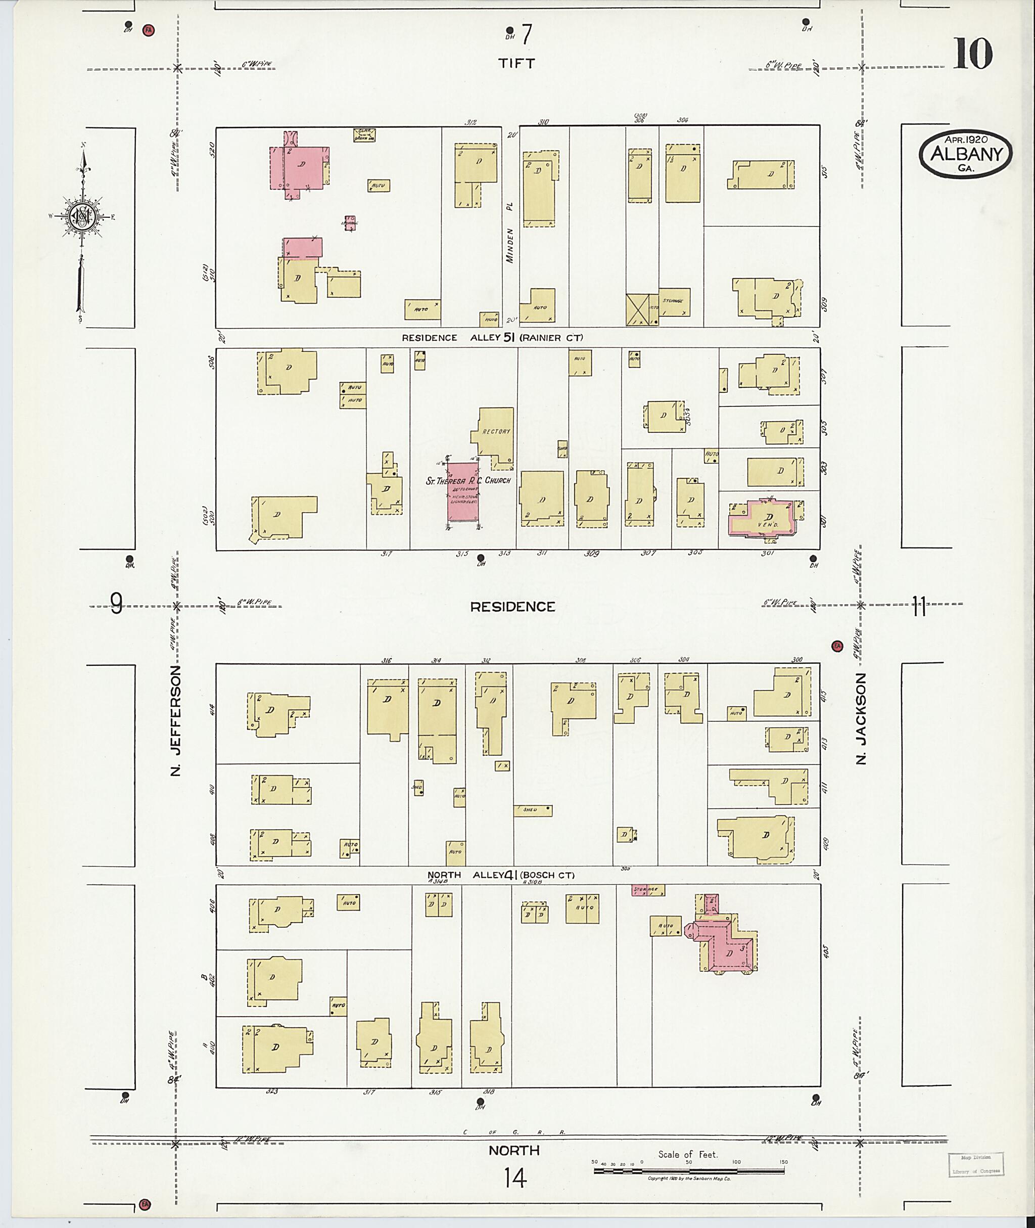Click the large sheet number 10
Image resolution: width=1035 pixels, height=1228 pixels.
tap(972, 54)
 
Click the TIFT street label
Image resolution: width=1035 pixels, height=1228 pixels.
tap(516, 63)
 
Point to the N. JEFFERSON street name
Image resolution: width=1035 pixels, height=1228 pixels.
tap(175, 720)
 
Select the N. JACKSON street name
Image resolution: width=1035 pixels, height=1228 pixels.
tap(861, 718)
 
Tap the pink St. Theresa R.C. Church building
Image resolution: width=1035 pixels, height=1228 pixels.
tap(462, 492)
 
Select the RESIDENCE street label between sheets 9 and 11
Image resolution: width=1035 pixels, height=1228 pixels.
tap(512, 606)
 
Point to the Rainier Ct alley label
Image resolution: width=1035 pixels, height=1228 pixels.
tap(550, 338)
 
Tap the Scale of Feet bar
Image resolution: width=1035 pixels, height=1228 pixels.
tap(689, 1170)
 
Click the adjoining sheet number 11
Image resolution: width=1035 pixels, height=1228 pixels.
tap(918, 606)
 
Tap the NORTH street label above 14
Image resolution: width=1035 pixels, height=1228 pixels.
tap(514, 1151)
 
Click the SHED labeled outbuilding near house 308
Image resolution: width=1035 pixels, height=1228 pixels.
tap(533, 810)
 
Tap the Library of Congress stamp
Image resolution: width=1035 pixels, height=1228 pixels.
tap(975, 1165)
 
